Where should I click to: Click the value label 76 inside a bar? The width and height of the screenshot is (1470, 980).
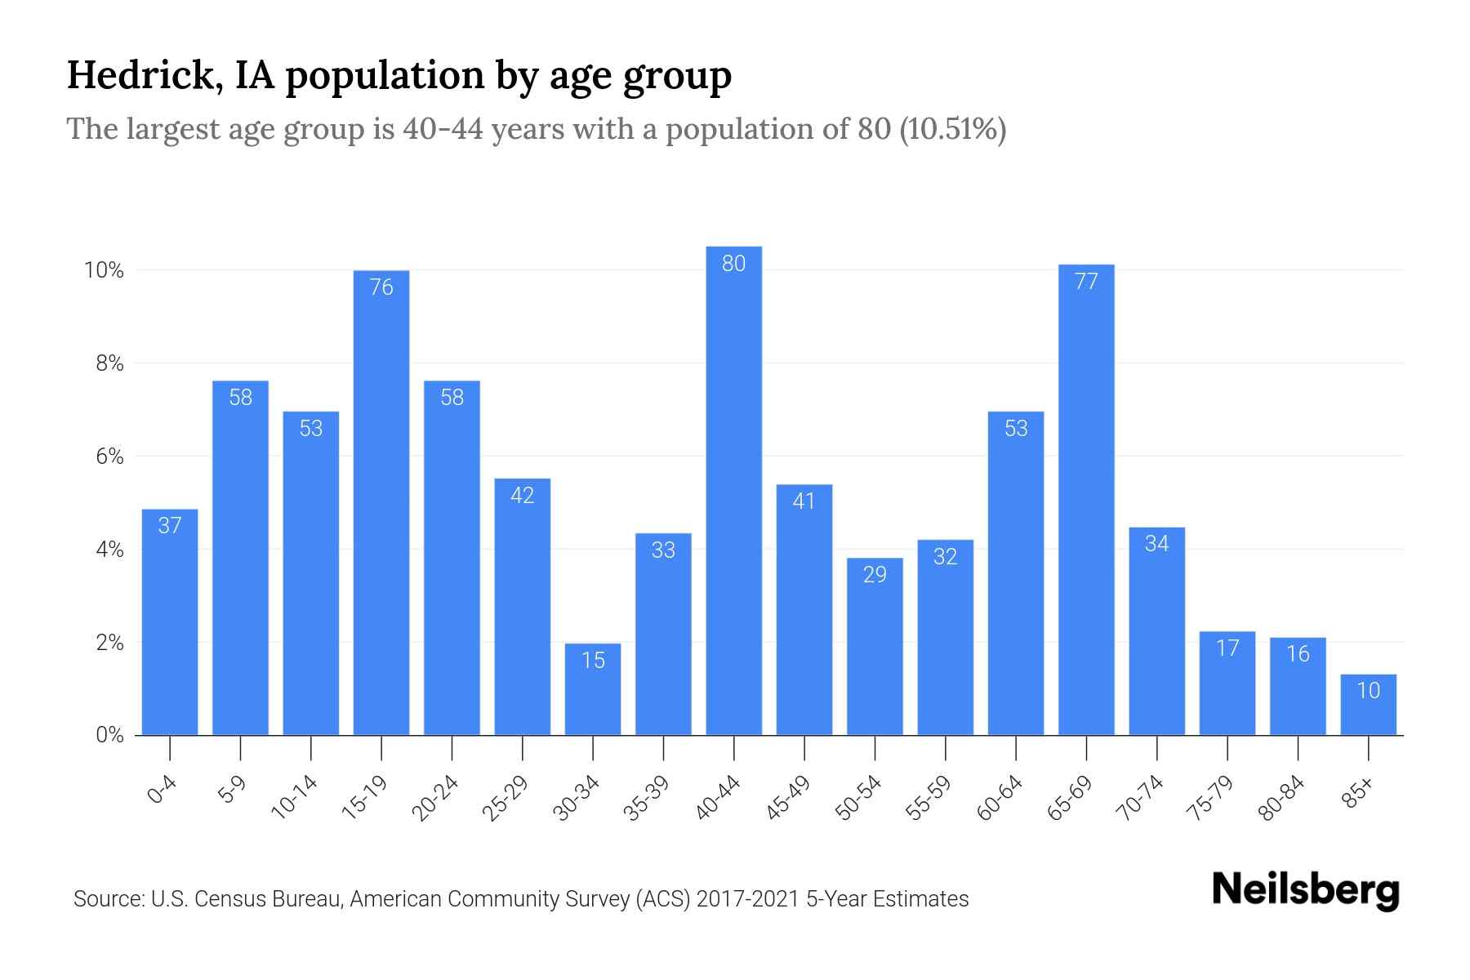tap(381, 287)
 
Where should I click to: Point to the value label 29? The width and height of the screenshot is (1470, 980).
tap(875, 575)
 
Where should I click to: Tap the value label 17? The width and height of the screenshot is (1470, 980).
tap(1227, 648)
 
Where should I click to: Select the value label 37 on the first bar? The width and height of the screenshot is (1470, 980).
tap(170, 525)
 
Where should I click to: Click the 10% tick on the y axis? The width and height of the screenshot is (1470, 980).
tap(105, 270)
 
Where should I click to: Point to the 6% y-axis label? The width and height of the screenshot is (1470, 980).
tap(109, 457)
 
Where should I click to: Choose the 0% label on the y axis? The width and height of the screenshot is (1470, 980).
tap(109, 735)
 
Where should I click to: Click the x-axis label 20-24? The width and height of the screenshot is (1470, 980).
tap(435, 798)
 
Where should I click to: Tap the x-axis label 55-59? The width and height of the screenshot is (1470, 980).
tap(929, 798)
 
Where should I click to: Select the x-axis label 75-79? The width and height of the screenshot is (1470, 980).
tap(1211, 798)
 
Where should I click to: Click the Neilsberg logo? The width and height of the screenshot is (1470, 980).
tap(1305, 890)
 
